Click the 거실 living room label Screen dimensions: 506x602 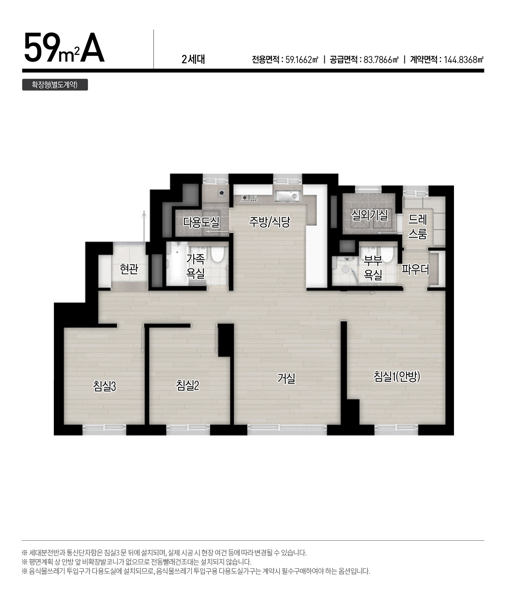pyautogui.click(x=286, y=378)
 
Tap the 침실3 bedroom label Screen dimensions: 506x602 pyautogui.click(x=104, y=386)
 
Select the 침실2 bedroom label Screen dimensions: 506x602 pyautogui.click(x=188, y=386)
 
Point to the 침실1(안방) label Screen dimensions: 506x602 pyautogui.click(x=397, y=376)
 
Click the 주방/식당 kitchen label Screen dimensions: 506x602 pyautogui.click(x=270, y=222)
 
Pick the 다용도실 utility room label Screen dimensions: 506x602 pyautogui.click(x=201, y=222)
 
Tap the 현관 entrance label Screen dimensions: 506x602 pyautogui.click(x=129, y=269)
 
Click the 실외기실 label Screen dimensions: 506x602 pyautogui.click(x=369, y=215)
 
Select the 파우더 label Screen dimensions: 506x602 pyautogui.click(x=415, y=269)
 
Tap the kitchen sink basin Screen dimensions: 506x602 pyautogui.click(x=287, y=196)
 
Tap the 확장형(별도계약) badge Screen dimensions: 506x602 pyautogui.click(x=55, y=85)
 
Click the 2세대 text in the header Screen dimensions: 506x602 pyautogui.click(x=193, y=59)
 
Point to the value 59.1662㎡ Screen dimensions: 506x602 pyautogui.click(x=302, y=60)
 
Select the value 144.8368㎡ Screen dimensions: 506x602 pyautogui.click(x=463, y=60)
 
